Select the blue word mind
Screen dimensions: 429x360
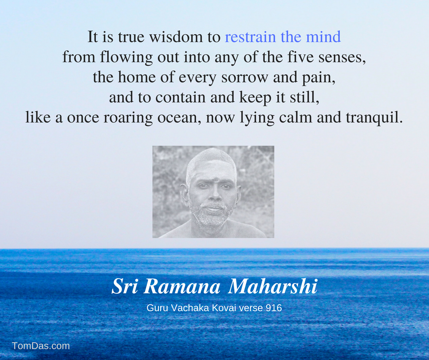coord(324,37)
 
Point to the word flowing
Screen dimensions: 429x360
coord(126,57)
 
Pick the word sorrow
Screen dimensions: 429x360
coord(245,78)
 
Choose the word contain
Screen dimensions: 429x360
coord(180,97)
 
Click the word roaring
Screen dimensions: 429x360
coord(128,118)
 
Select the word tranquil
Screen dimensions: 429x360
coord(374,118)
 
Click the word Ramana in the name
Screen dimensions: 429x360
coord(182,287)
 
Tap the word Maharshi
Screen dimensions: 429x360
coord(273,286)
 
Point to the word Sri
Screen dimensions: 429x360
coord(125,286)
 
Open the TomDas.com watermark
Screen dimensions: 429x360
coord(41,346)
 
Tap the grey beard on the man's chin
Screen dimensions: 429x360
coord(212,218)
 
